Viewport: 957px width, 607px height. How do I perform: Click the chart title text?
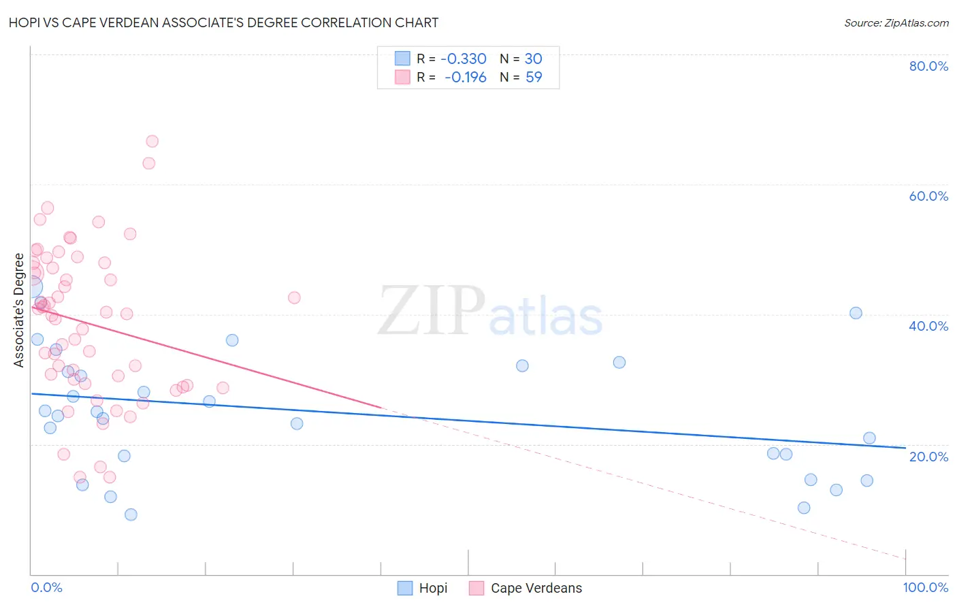tap(223, 22)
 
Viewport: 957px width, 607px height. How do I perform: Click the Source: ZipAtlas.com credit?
tap(896, 23)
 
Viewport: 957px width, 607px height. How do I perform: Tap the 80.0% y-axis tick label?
tap(928, 66)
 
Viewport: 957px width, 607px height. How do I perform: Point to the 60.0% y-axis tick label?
tap(928, 196)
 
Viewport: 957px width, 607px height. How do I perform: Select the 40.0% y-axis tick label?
tap(928, 326)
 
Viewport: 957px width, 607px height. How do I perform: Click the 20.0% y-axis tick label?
tap(928, 457)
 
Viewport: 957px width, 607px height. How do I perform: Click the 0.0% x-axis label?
tap(46, 587)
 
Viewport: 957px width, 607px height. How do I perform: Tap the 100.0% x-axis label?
tap(926, 587)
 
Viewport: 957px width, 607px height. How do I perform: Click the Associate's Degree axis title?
tap(19, 310)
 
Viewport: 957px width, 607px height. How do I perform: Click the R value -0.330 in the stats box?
tap(464, 59)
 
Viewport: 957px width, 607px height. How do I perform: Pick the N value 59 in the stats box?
tap(534, 78)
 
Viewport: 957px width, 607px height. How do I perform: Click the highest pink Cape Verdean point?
tap(152, 142)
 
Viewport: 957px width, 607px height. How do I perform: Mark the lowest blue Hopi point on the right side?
tap(804, 508)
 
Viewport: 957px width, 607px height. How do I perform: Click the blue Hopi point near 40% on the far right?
tap(856, 313)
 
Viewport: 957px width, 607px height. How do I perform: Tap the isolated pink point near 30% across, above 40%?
tap(294, 297)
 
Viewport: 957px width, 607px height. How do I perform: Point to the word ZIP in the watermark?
tap(432, 310)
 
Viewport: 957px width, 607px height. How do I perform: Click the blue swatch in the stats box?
tap(403, 59)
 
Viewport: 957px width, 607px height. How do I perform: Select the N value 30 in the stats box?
tap(533, 59)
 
